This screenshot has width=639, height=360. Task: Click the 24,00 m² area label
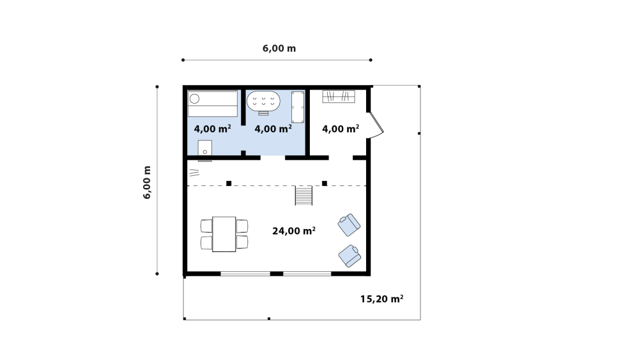[x=294, y=231]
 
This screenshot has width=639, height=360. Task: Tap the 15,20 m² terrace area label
[x=382, y=299]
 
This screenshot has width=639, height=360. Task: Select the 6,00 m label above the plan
[x=279, y=48]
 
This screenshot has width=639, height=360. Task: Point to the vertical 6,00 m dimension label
[x=147, y=182]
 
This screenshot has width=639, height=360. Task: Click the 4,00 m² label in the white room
[x=341, y=129]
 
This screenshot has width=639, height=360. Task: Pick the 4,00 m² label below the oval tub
[x=273, y=129]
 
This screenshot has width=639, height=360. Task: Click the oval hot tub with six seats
[x=264, y=101]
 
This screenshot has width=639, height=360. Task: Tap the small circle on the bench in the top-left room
[x=195, y=98]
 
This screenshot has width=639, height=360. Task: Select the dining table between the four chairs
[x=224, y=234]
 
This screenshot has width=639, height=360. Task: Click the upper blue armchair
[x=350, y=224]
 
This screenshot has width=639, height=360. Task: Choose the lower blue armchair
[x=350, y=256]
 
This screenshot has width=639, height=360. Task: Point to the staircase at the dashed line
[x=304, y=195]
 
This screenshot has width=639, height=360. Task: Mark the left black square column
[x=229, y=184]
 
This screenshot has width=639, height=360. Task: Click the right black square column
[x=325, y=184]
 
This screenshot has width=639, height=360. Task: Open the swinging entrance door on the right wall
[x=376, y=124]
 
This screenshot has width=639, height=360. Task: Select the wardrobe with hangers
[x=339, y=97]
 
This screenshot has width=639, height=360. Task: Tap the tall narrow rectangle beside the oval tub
[x=298, y=107]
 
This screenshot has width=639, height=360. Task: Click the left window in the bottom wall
[x=245, y=274]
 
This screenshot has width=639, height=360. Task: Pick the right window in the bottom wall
[x=307, y=274]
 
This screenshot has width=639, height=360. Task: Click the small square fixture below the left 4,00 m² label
[x=205, y=148]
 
